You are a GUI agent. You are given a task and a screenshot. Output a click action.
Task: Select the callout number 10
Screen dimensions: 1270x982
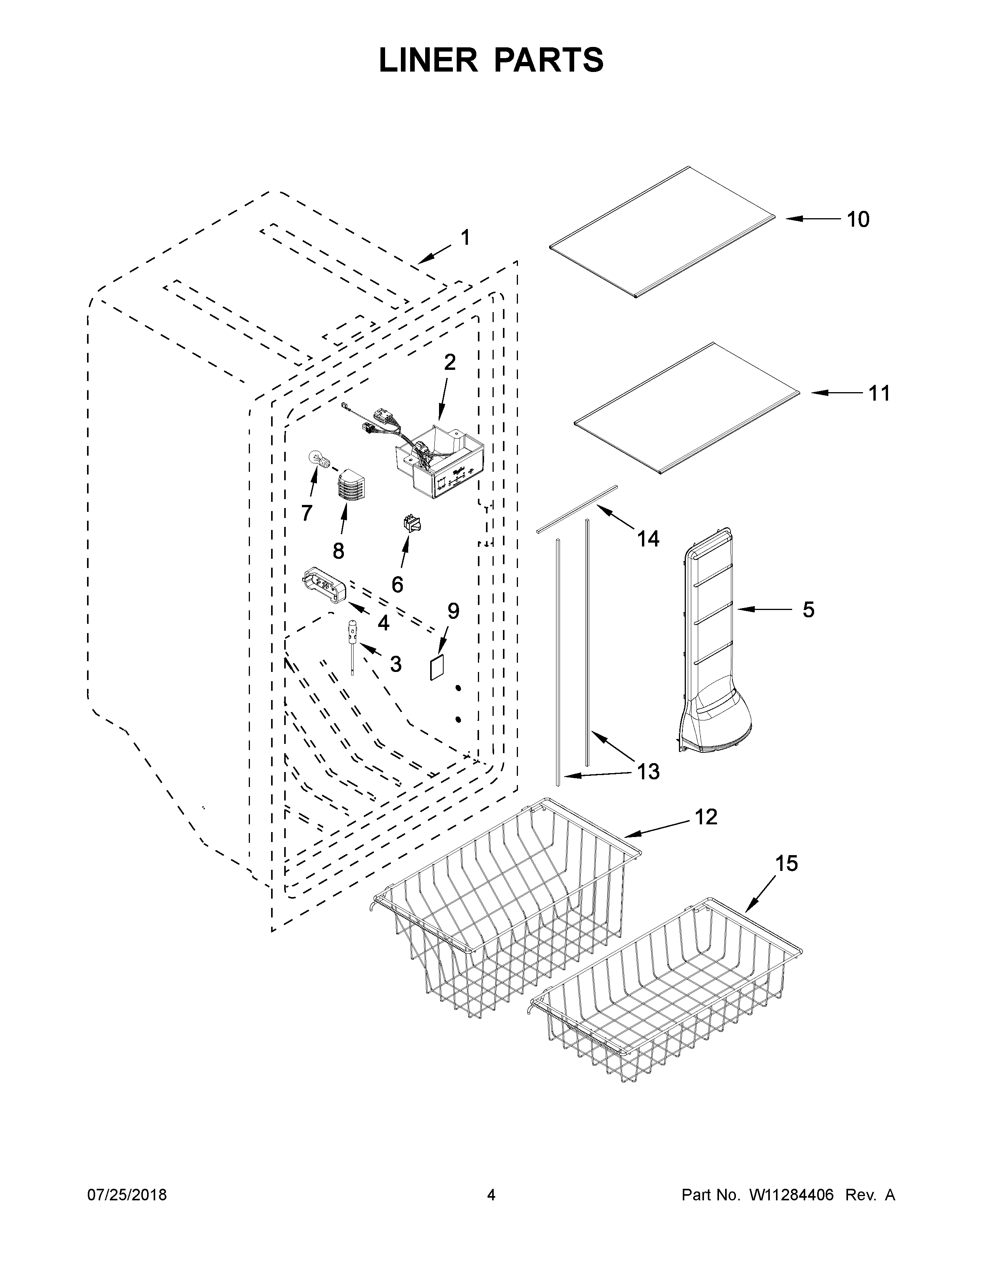[x=858, y=220]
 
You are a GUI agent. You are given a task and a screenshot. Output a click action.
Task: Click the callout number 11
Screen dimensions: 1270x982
[x=879, y=394]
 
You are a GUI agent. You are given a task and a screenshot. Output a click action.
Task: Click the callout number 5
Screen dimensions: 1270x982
[x=808, y=610]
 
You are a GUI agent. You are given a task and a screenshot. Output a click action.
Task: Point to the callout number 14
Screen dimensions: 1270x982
[x=648, y=539]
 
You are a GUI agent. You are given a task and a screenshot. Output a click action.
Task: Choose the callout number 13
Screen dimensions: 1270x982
[x=648, y=772]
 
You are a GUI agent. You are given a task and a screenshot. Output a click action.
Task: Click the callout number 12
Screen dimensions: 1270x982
[x=706, y=817]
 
